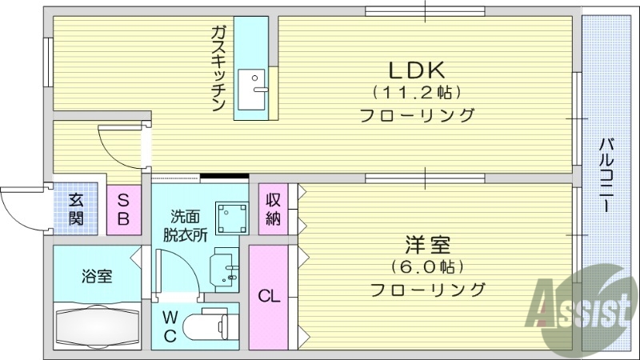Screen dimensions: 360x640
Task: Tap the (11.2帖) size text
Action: [x=416, y=91]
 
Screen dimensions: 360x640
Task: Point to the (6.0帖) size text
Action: [x=428, y=265]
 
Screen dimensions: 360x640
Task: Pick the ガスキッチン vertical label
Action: [x=218, y=68]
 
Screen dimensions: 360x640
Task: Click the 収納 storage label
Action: [x=273, y=209]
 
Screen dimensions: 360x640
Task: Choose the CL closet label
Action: [x=269, y=296]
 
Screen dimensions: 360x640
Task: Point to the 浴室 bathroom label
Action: [x=96, y=277]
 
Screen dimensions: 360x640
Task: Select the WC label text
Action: [x=170, y=326]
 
